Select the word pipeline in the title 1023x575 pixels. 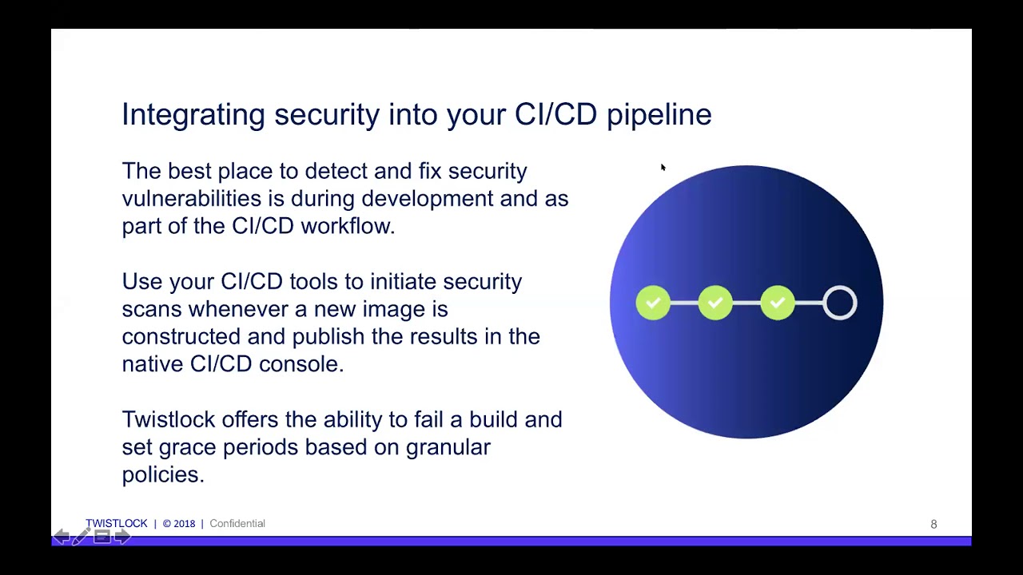pos(659,115)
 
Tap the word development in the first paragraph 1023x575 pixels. pos(427,199)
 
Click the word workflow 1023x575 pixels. pos(347,226)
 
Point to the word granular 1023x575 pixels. pos(448,447)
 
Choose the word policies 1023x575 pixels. pos(162,474)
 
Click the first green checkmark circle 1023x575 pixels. pos(653,303)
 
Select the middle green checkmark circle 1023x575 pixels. pos(715,303)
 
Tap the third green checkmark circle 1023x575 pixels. pos(778,303)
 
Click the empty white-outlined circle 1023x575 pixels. pos(840,303)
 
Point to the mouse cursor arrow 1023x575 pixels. pos(663,168)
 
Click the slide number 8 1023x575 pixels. pos(933,525)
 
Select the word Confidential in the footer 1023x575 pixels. pos(237,524)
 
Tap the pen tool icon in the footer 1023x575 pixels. pos(81,537)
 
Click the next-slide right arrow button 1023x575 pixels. pos(121,537)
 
